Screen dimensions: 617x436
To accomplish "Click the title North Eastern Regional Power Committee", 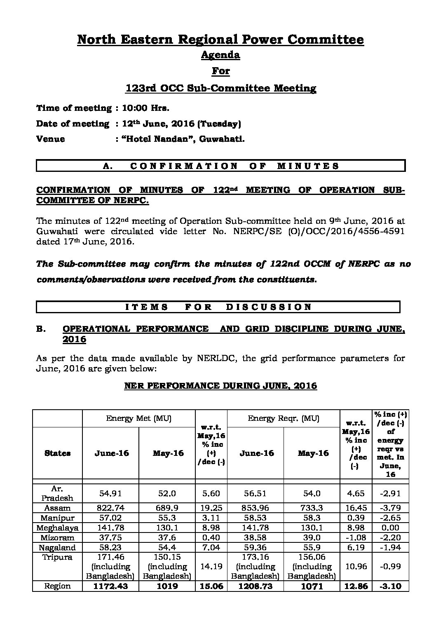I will (220, 40).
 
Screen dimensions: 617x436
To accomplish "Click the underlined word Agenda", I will (220, 55).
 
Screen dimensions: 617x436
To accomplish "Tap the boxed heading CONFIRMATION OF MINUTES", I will (221, 166).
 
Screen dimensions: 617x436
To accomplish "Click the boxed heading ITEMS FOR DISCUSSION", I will (218, 307).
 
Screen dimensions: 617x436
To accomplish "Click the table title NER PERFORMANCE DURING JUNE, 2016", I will (220, 386).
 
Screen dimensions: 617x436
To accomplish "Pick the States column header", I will (57, 453).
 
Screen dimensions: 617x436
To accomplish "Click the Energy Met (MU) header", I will (138, 418).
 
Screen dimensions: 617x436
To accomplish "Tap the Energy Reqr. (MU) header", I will (284, 418).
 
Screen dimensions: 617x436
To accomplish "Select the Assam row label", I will (57, 508).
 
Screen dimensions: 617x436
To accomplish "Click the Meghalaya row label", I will (57, 528).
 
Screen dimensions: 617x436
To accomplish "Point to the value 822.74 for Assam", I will (110, 508).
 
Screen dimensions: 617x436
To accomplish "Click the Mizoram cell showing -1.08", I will (356, 538).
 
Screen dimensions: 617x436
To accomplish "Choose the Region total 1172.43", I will (110, 587).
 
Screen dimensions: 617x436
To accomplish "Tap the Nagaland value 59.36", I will (256, 548).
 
